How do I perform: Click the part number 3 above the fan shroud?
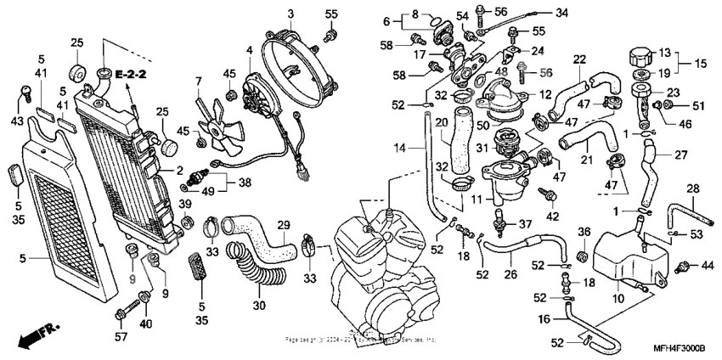tap(290, 14)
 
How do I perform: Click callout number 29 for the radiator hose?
tap(284, 224)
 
